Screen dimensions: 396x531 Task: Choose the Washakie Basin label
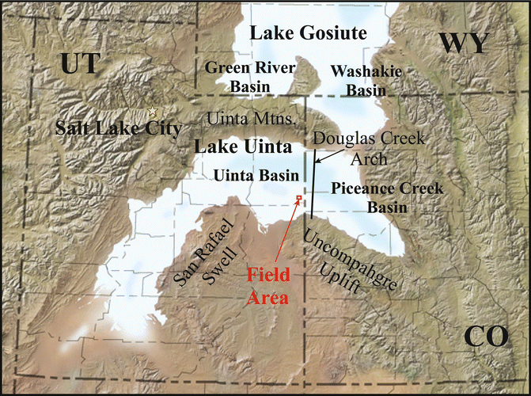[x=366, y=81]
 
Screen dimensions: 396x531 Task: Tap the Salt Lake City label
[x=118, y=128]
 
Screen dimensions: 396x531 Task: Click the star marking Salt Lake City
[x=153, y=112]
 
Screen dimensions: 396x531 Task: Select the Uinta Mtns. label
[x=250, y=118]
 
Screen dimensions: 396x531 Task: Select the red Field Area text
[x=271, y=287]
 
